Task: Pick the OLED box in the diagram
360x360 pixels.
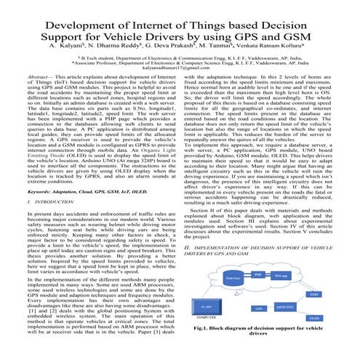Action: [x=314, y=318]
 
